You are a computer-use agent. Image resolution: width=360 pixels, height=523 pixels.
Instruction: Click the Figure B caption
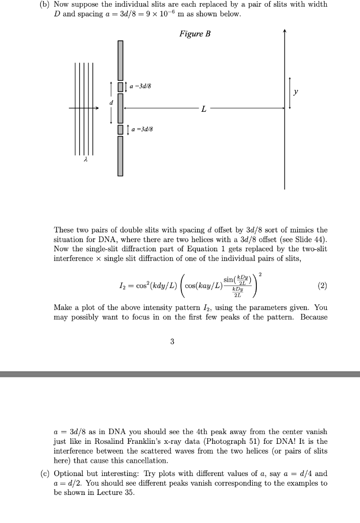click(195, 34)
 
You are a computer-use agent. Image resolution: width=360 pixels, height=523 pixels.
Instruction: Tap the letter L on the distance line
click(204, 109)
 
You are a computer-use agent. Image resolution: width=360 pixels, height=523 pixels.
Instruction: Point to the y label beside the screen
click(296, 92)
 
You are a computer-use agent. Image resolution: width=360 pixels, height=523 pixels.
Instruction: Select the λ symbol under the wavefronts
click(86, 161)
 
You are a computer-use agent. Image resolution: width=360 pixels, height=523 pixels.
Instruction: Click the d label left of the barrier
click(109, 102)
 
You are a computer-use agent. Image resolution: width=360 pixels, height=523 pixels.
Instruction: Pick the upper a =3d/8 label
click(138, 86)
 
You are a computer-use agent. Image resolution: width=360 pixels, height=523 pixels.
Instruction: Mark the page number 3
click(172, 342)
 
